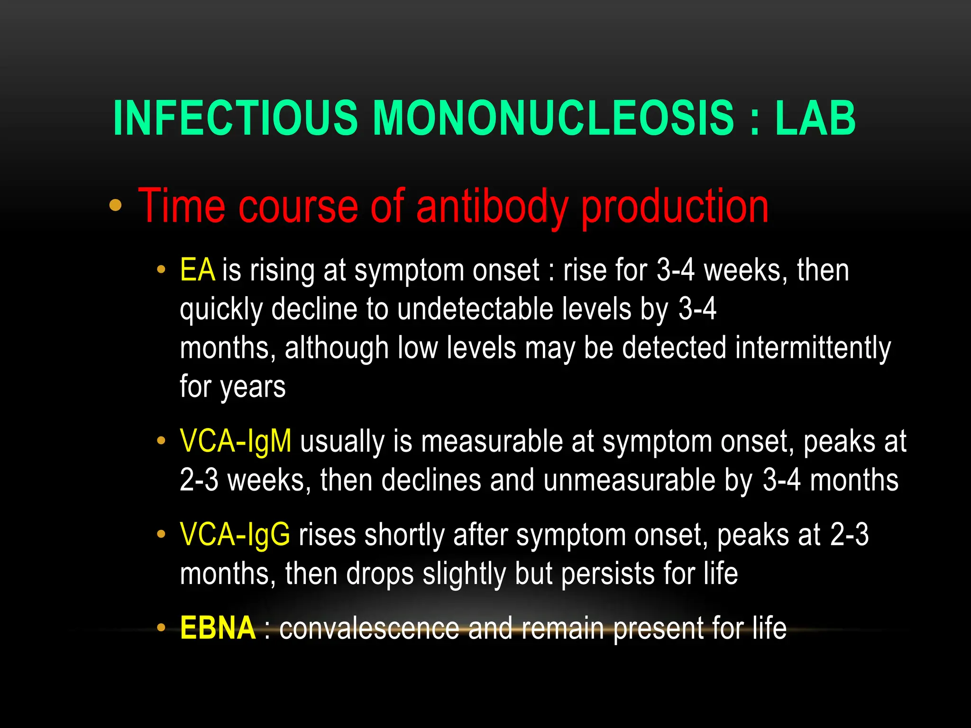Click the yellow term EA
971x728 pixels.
tap(197, 270)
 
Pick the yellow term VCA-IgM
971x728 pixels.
tap(236, 442)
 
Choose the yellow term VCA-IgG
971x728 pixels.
tap(235, 535)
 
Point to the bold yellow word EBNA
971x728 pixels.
tap(218, 628)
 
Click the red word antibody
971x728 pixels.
tap(492, 207)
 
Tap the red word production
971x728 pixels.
tap(675, 207)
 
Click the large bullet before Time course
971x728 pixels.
tap(115, 206)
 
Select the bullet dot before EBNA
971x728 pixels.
tap(161, 628)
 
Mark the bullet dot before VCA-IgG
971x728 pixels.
tap(161, 535)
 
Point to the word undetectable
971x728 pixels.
tap(475, 309)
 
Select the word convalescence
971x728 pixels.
tap(369, 629)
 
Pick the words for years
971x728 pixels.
tap(233, 387)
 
